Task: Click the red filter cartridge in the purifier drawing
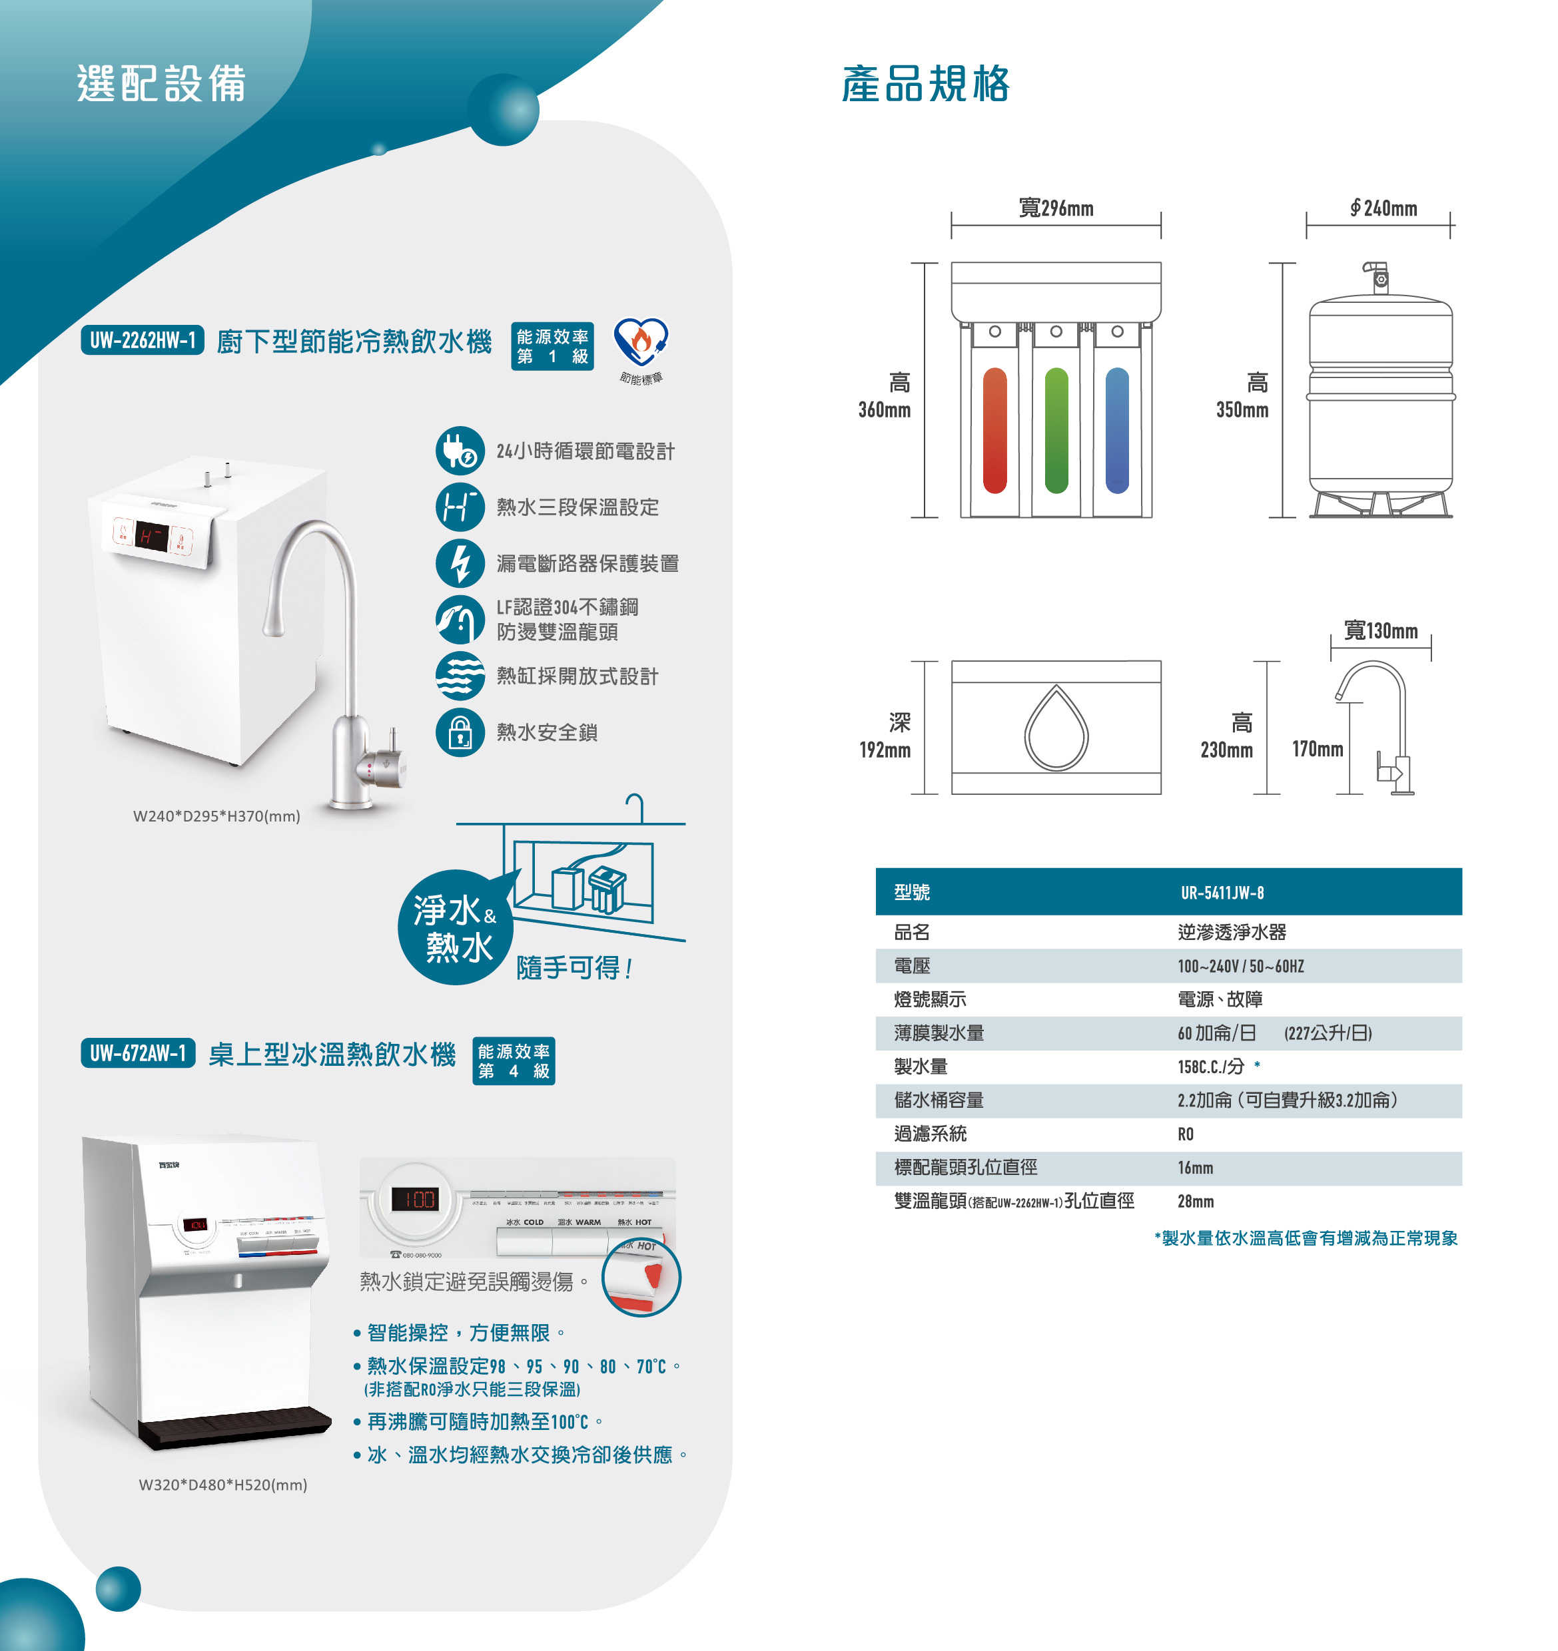pos(994,430)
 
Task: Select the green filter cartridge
pos(1056,430)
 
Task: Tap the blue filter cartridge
pos(1118,430)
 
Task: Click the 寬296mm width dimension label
pos(1056,208)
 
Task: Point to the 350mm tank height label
pos(1242,409)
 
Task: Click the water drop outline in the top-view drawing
pos(1056,728)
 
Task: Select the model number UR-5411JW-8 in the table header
pos(1222,893)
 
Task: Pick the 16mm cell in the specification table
pos(1195,1168)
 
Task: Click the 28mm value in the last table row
pos(1195,1201)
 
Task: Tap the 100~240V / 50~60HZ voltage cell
pos(1240,966)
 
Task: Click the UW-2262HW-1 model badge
pos(142,340)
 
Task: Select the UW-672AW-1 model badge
pos(138,1053)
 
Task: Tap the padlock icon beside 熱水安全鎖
pos(460,732)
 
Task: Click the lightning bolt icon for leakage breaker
pos(460,563)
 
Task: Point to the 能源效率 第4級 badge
pos(513,1061)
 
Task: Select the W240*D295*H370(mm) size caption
pos(217,816)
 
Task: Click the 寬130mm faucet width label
pos(1380,630)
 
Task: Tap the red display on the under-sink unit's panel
pos(152,537)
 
